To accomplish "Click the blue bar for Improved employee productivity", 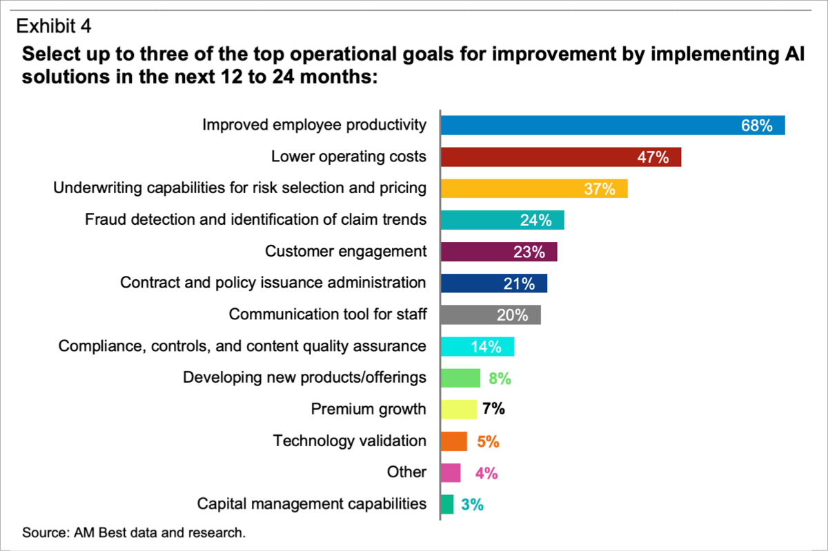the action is [x=613, y=126].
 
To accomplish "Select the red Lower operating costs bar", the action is [x=561, y=157].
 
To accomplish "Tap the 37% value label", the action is [x=600, y=189].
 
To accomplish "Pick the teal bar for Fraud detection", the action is [x=503, y=220].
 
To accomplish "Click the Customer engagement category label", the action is [x=346, y=251].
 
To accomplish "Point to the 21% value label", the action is [x=519, y=284].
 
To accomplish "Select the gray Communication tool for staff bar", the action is [x=491, y=315].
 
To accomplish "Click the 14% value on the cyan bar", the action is [x=486, y=347].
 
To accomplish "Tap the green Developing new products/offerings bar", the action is [x=461, y=378].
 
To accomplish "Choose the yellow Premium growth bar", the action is [x=459, y=410].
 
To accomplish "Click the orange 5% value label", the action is [x=488, y=441].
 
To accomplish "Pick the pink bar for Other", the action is [x=451, y=472].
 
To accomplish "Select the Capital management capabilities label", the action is [x=312, y=504].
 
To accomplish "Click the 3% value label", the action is [x=473, y=504].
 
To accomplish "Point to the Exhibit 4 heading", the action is [x=54, y=26].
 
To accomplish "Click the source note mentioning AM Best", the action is [x=134, y=532].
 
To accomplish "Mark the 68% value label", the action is [x=757, y=126].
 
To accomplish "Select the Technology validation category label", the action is [x=350, y=441].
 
